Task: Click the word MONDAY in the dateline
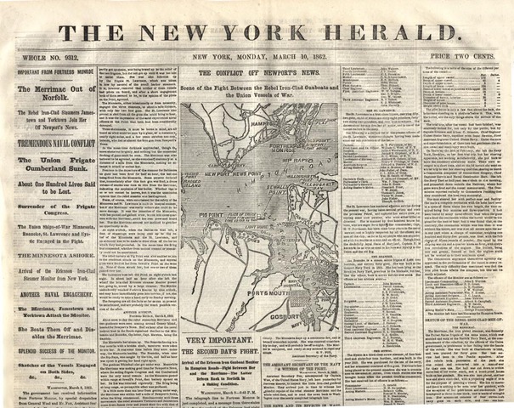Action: (263, 57)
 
